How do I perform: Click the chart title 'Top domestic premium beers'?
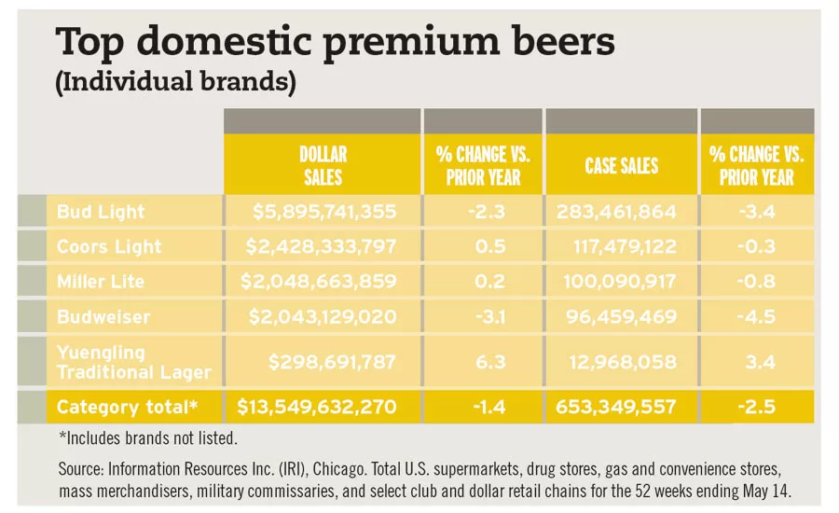(x=336, y=42)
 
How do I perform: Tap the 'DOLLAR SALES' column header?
(x=322, y=166)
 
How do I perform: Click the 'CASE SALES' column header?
(x=621, y=166)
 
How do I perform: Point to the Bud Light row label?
(x=101, y=212)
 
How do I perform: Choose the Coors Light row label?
(x=109, y=247)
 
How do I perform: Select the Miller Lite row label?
(x=103, y=282)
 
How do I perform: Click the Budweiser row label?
(x=103, y=317)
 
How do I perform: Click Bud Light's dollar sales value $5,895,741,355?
(x=324, y=212)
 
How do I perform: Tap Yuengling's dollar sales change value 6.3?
(x=483, y=362)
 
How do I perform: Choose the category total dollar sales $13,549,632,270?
(x=317, y=408)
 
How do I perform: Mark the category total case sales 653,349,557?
(x=620, y=408)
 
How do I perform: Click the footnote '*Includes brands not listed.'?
(x=146, y=437)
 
